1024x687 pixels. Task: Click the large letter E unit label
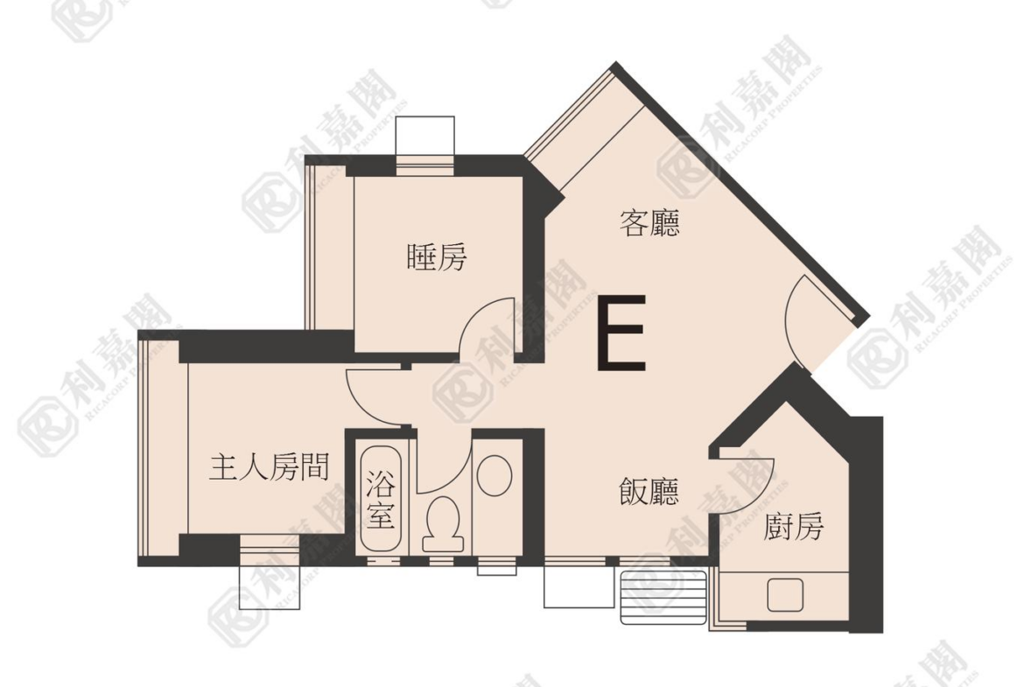point(621,333)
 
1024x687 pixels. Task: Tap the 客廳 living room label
point(649,222)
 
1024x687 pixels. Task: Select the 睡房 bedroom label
point(437,257)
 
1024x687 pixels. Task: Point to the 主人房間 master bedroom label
point(269,467)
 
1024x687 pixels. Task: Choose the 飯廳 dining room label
point(649,491)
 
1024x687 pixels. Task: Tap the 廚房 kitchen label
point(794,526)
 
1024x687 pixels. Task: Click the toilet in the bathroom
point(443,524)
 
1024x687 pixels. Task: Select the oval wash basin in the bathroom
point(494,474)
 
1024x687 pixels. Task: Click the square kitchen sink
point(785,594)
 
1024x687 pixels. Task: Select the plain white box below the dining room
point(579,585)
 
